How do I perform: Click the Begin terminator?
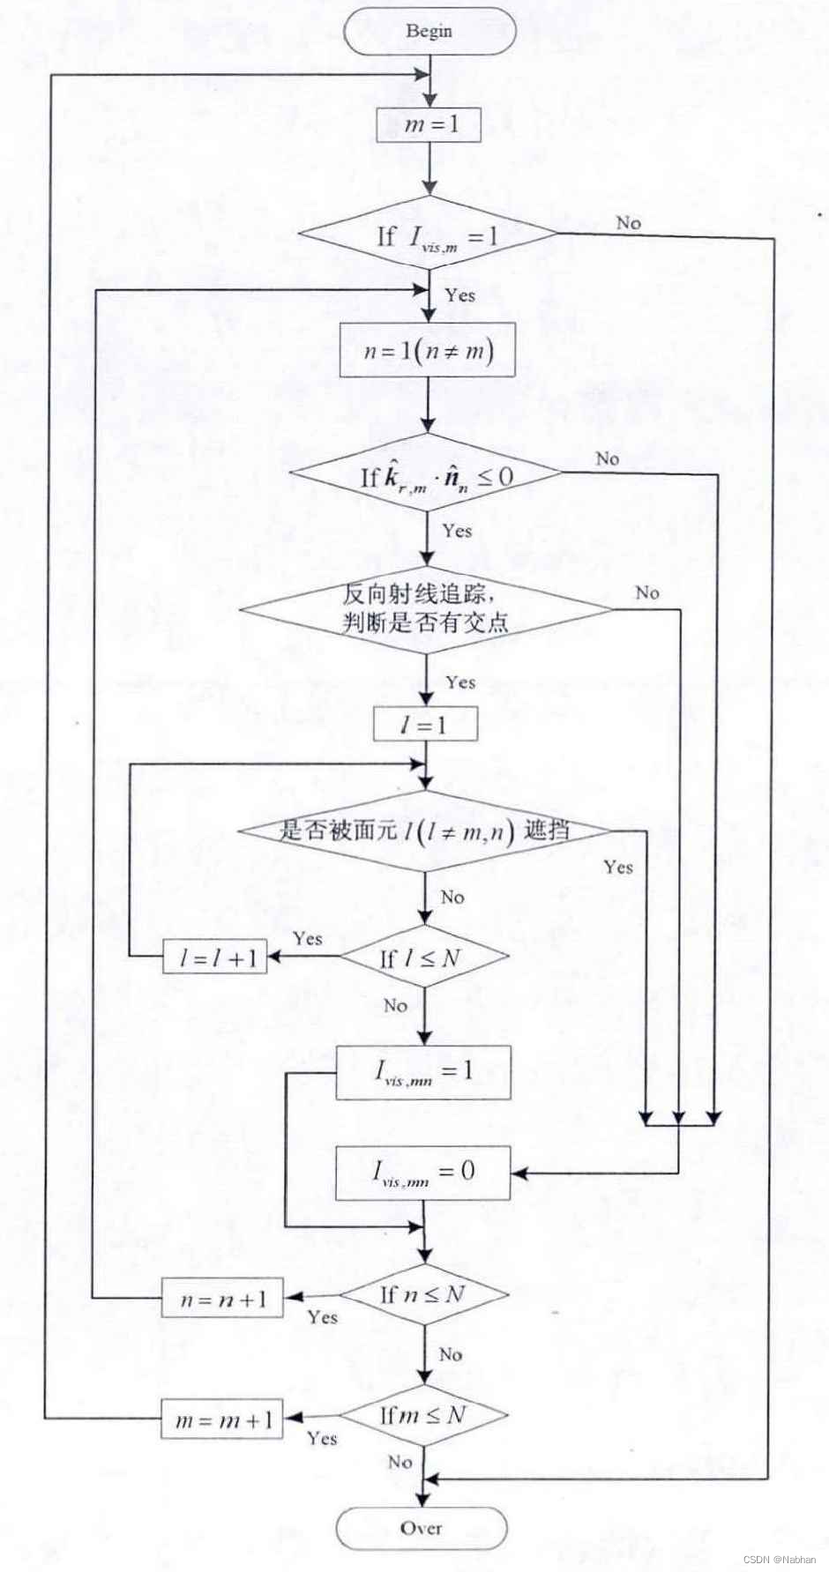pos(429,32)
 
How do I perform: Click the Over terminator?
pos(422,1528)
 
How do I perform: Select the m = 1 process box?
pos(429,124)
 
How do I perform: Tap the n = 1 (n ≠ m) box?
pos(428,351)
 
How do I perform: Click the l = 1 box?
pos(425,725)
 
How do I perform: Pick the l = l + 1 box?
pos(215,957)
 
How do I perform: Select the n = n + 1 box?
pos(222,1299)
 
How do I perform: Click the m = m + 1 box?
pos(222,1420)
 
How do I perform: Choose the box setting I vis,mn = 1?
pos(423,1072)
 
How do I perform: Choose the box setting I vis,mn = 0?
pos(423,1173)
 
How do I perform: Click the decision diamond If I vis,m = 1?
pos(428,235)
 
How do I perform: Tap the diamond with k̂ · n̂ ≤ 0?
pos(426,476)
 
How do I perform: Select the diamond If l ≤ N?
pos(424,957)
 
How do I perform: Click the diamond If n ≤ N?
pos(424,1294)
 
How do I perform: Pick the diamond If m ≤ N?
pos(424,1415)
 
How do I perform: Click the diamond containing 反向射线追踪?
pos(425,608)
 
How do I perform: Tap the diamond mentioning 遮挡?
pos(425,831)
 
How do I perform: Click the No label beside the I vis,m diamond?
pos(628,223)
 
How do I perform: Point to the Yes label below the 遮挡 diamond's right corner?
pos(618,867)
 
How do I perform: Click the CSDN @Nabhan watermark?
pos(780,1559)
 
